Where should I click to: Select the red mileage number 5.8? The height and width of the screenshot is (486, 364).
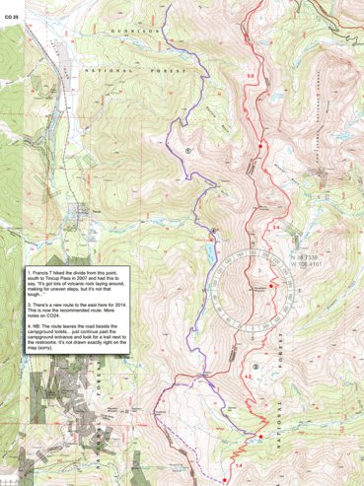coord(251,76)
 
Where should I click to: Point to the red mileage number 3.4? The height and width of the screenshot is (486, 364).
coord(276,229)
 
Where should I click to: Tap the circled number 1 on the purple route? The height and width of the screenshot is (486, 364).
coord(186,151)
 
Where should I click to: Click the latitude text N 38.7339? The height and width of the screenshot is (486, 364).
coord(307,256)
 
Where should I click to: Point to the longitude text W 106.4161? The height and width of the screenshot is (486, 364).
coord(307,264)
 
